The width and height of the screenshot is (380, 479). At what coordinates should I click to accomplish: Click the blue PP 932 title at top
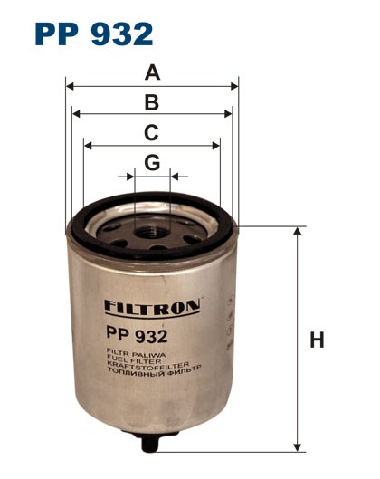(x=93, y=34)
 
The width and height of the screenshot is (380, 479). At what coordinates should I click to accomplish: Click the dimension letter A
(x=152, y=72)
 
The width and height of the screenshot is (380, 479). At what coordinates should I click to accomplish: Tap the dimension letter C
(x=152, y=132)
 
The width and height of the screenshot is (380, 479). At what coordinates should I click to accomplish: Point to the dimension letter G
(x=152, y=163)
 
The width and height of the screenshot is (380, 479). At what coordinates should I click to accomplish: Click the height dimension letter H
(x=317, y=340)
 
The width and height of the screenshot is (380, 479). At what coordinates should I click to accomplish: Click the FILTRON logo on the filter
(x=151, y=307)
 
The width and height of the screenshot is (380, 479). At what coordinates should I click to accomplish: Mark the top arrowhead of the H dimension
(x=298, y=233)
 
